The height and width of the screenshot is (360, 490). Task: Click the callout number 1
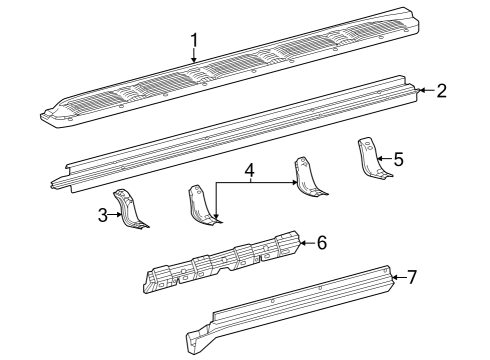point(194,41)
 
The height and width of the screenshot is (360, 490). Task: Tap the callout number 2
point(441,91)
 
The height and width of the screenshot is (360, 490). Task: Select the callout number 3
point(103,215)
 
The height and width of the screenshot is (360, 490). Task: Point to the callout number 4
point(249,171)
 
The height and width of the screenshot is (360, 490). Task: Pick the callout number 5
point(398,159)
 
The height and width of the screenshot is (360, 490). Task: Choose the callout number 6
point(322,242)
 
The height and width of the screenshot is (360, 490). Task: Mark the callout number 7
point(412,277)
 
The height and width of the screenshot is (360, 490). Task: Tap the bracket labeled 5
point(370,159)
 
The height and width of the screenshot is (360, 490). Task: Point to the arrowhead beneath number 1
point(194,59)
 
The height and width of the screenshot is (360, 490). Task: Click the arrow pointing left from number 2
point(427,90)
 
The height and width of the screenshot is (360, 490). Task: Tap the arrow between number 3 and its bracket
point(115,215)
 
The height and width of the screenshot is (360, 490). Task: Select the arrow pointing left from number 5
point(384,159)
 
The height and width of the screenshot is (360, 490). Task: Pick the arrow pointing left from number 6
point(307,243)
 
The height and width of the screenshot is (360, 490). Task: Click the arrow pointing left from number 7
point(399,277)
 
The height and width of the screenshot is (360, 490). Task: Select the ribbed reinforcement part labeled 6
point(222,262)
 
